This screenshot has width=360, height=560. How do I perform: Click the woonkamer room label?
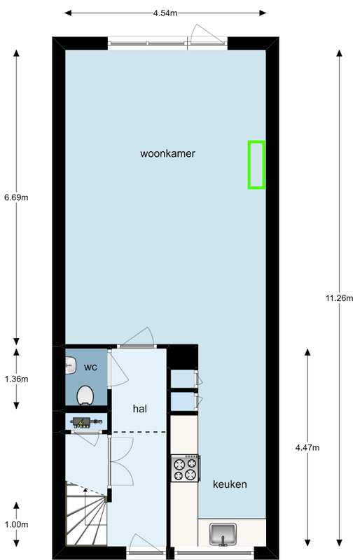pos(167,153)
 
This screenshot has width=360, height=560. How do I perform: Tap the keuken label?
pos(230,484)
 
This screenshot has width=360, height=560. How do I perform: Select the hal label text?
pos(140,409)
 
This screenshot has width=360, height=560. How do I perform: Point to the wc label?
pos(90,367)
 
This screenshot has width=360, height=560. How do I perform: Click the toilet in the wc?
pos(85,395)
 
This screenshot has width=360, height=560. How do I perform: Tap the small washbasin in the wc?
pos(71,366)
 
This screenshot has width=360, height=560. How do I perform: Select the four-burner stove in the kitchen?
pos(185,468)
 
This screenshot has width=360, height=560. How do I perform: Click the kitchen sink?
pos(223,535)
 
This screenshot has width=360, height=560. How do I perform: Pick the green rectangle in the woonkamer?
pos(256,164)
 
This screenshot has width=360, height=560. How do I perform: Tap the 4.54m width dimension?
pos(165,13)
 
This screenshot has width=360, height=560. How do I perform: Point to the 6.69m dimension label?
pos(16,197)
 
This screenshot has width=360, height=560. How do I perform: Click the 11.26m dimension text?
pos(339,298)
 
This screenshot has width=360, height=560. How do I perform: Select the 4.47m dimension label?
pos(307,447)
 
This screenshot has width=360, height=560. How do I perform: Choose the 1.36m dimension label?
pos(16,379)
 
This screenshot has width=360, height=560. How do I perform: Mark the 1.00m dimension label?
pos(16,524)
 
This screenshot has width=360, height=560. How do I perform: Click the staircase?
pos(87,514)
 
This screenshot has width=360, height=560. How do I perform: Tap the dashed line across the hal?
pos(139,432)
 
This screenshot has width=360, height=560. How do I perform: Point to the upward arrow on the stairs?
pos(85,510)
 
